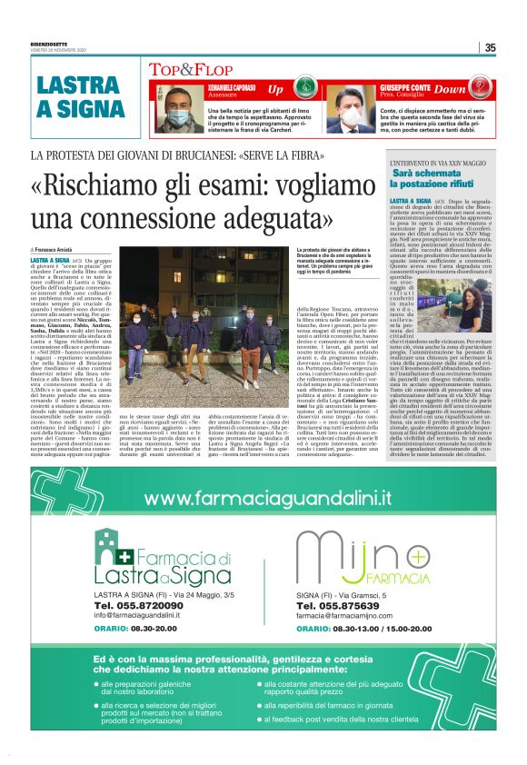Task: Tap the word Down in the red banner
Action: pos(450,90)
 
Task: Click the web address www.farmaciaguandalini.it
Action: pos(268,499)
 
